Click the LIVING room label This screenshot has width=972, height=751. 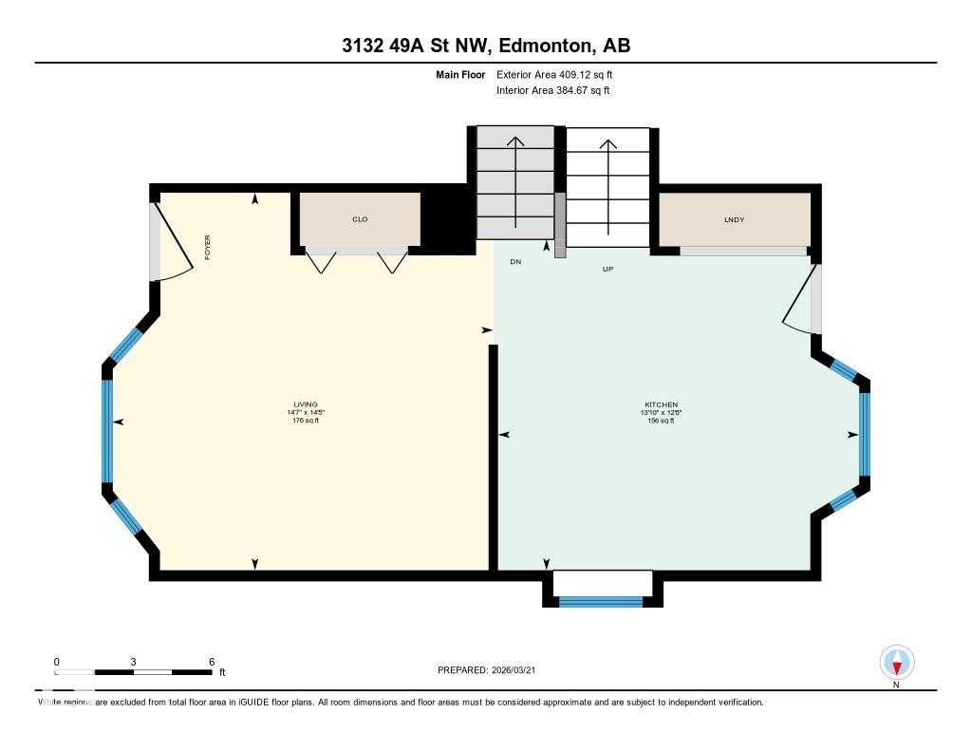click(x=305, y=404)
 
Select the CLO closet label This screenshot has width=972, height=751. click(x=360, y=219)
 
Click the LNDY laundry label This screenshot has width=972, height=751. click(x=734, y=219)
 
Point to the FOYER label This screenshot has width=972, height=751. click(x=207, y=247)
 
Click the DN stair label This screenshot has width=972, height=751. click(x=515, y=261)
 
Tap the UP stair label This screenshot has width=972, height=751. click(x=608, y=269)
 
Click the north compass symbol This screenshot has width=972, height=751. click(x=897, y=661)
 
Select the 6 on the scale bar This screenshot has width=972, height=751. click(x=212, y=662)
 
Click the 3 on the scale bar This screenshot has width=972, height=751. click(x=134, y=662)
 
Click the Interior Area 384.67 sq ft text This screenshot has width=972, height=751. click(x=552, y=91)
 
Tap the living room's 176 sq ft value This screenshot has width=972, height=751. click(x=305, y=421)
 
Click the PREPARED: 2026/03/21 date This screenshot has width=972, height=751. click(x=493, y=670)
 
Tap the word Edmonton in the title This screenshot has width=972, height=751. click(x=543, y=45)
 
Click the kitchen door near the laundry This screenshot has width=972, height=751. click(x=802, y=299)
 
